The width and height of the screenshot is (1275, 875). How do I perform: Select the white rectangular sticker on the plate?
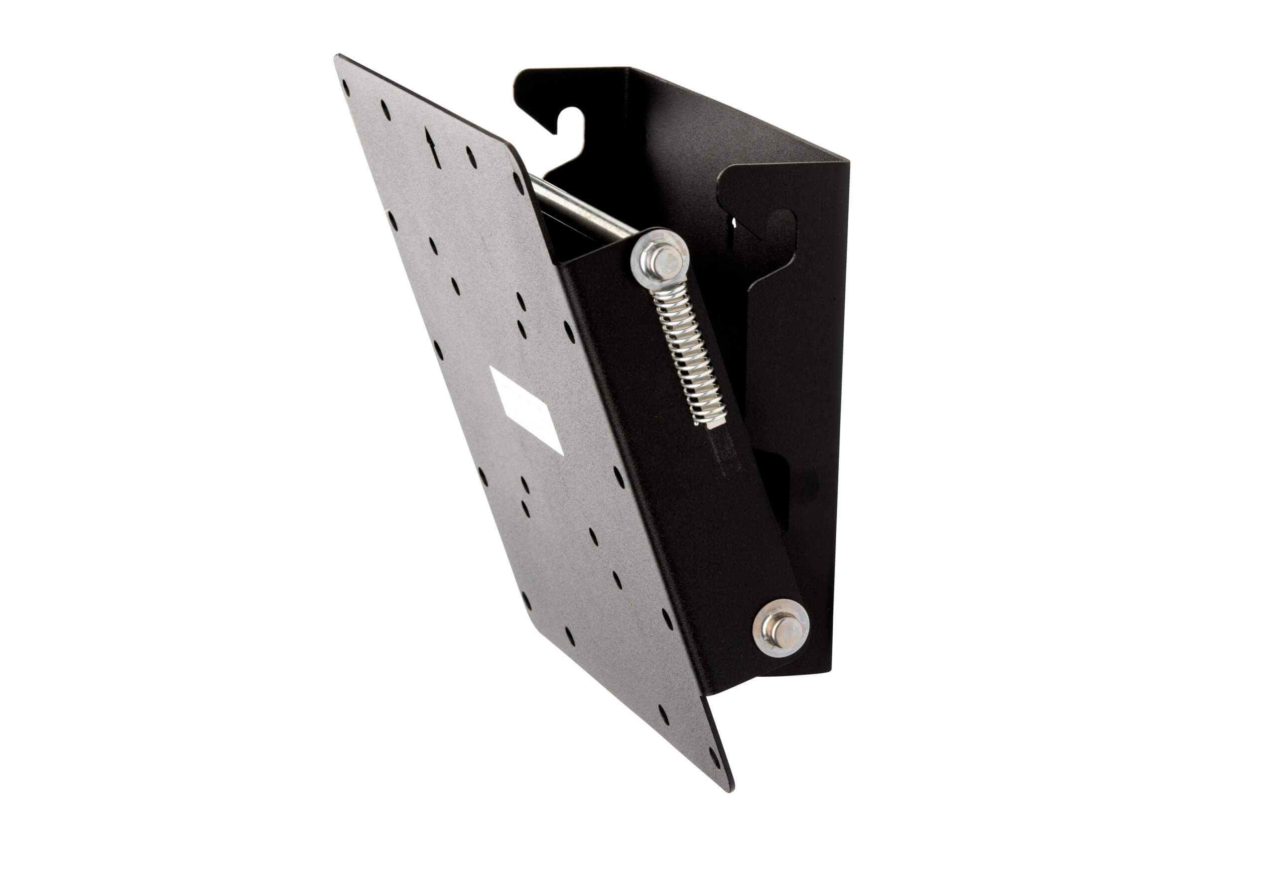[x=525, y=410]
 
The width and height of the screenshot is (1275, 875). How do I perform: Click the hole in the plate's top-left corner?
[x=345, y=88]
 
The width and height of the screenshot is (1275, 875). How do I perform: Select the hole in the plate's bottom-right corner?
[x=714, y=757]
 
